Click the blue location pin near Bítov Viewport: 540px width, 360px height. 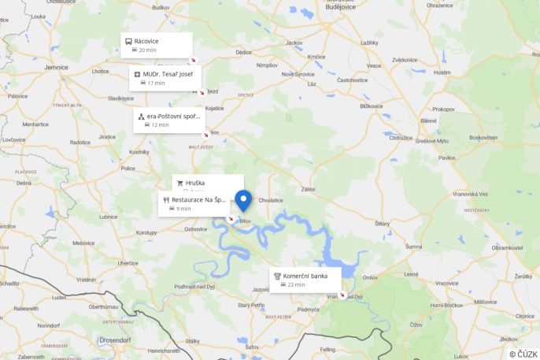pyautogui.click(x=243, y=200)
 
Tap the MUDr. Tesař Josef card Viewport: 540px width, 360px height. pyautogui.click(x=165, y=77)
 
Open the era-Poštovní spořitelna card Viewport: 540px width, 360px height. pyautogui.click(x=169, y=120)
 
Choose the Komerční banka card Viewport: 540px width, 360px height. pyautogui.click(x=305, y=280)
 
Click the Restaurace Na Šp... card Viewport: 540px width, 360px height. pyautogui.click(x=194, y=203)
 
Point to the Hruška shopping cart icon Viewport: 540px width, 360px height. pyautogui.click(x=180, y=183)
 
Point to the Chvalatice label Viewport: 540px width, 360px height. pyautogui.click(x=270, y=200)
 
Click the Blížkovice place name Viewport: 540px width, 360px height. pyautogui.click(x=371, y=106)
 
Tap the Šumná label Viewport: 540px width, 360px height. pyautogui.click(x=414, y=247)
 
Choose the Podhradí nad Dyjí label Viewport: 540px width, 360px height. pyautogui.click(x=194, y=286)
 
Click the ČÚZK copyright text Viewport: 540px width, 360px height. pyautogui.click(x=523, y=354)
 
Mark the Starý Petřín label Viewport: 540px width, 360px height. pyautogui.click(x=252, y=305)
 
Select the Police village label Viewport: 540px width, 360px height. pyautogui.click(x=128, y=168)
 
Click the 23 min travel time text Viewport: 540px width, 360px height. pyautogui.click(x=296, y=285)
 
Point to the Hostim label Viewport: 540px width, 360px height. pyautogui.click(x=442, y=72)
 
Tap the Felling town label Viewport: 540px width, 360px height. pyautogui.click(x=327, y=349)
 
